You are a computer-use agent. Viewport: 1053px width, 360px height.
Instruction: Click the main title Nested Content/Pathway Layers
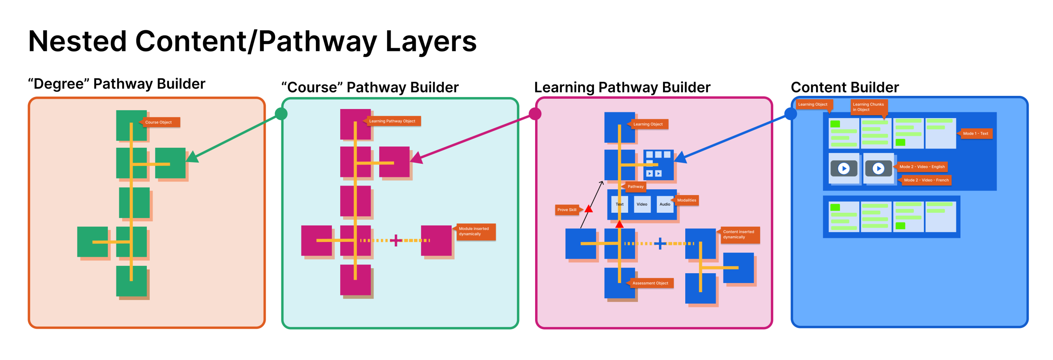pyautogui.click(x=252, y=41)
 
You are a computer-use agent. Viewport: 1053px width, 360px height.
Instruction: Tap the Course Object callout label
pyautogui.click(x=160, y=122)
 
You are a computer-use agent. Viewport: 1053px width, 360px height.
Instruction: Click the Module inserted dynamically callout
pyautogui.click(x=475, y=232)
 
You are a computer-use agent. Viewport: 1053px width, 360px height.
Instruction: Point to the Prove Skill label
pyautogui.click(x=567, y=210)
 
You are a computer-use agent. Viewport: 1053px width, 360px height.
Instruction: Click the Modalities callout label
pyautogui.click(x=687, y=200)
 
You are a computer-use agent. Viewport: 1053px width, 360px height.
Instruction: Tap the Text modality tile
pyautogui.click(x=619, y=204)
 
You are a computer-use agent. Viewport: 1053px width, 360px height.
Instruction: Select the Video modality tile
pyautogui.click(x=642, y=204)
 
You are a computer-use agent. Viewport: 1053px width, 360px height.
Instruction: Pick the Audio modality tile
pyautogui.click(x=665, y=204)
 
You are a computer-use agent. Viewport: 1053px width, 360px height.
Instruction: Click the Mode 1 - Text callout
pyautogui.click(x=976, y=133)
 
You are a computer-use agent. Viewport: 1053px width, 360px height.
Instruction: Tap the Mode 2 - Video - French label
pyautogui.click(x=926, y=180)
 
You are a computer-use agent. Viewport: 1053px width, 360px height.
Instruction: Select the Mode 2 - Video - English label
pyautogui.click(x=922, y=167)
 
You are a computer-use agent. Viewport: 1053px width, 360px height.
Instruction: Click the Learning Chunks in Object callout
pyautogui.click(x=869, y=107)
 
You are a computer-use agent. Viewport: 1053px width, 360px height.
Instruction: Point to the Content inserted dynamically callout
pyautogui.click(x=740, y=235)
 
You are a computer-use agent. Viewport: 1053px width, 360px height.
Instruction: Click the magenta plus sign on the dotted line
pyautogui.click(x=396, y=240)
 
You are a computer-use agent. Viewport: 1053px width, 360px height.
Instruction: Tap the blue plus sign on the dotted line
pyautogui.click(x=660, y=244)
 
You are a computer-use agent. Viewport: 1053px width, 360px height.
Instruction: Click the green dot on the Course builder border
pyautogui.click(x=281, y=114)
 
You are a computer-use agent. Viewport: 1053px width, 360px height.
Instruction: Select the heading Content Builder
pyautogui.click(x=845, y=87)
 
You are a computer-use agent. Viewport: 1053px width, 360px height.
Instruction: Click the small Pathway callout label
pyautogui.click(x=636, y=187)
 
